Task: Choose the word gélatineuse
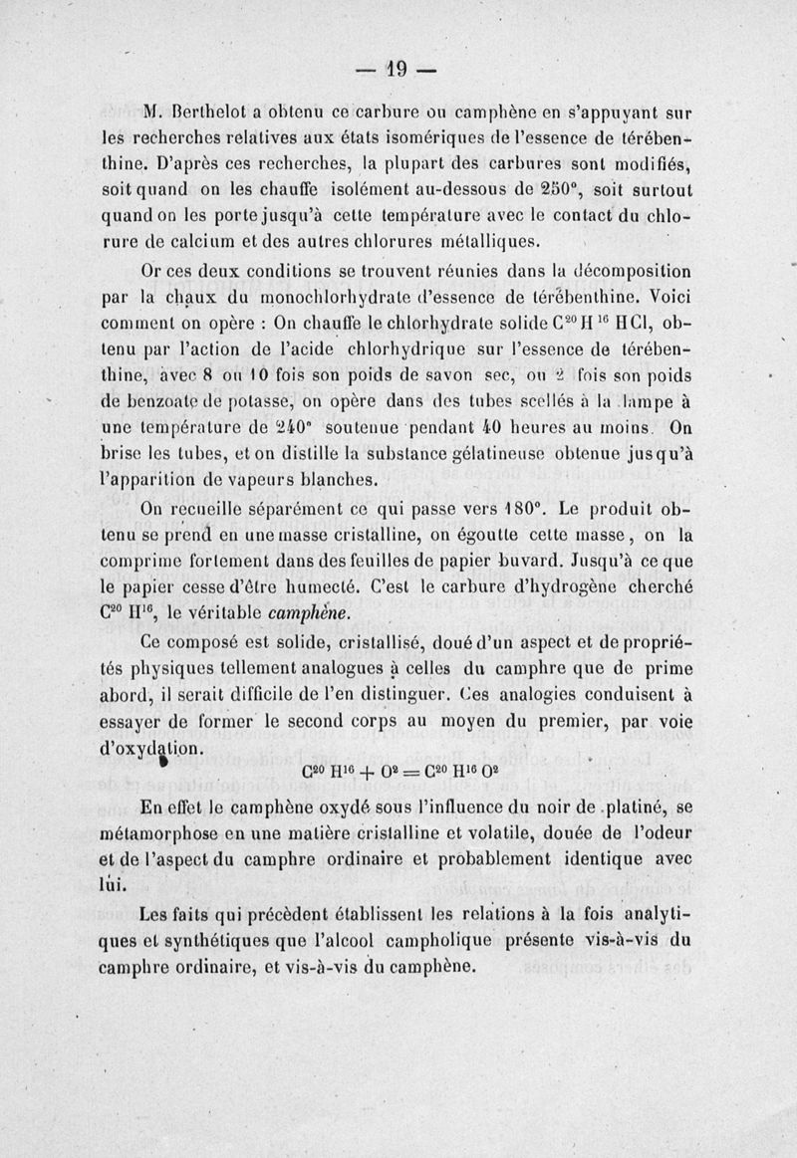pos(477,455)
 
